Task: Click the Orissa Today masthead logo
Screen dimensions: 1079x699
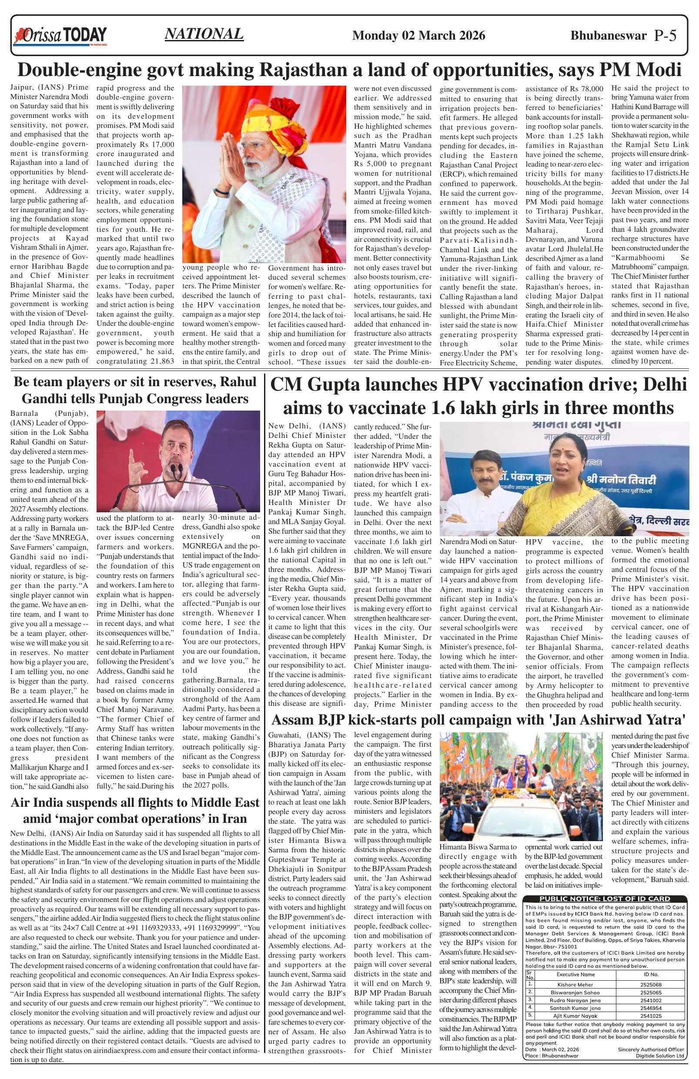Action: coord(61,36)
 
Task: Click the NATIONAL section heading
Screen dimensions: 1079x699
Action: coord(204,34)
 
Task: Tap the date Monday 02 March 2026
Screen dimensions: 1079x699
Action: coord(418,36)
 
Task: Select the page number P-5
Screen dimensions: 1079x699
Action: coord(666,36)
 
